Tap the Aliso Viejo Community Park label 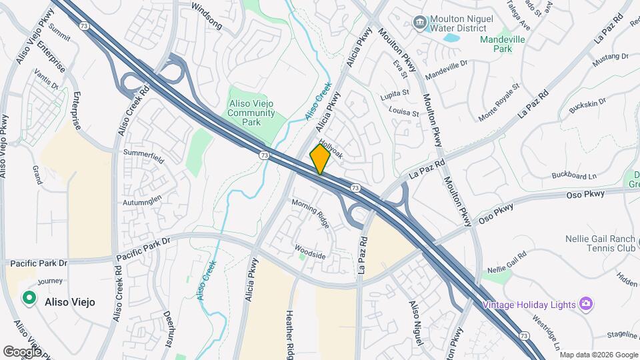pos(251,108)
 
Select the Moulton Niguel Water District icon pos(421,24)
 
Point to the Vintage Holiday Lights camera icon pos(586,304)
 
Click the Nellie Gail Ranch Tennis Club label pos(601,244)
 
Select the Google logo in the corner pos(22,351)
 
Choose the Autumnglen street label pos(142,199)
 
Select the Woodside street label pos(310,252)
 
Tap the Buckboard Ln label pos(574,176)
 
